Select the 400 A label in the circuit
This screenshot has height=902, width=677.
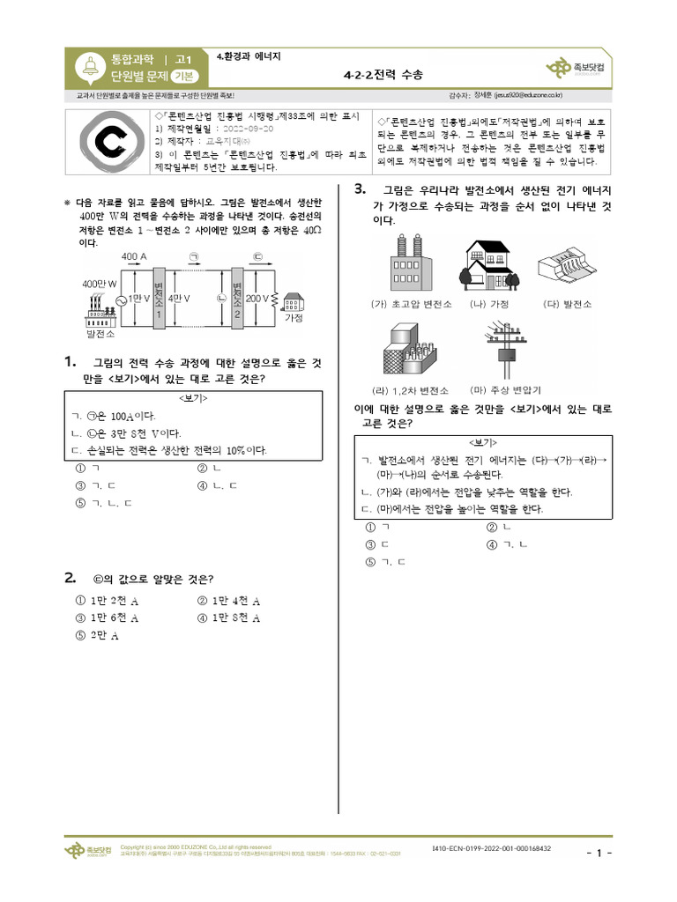(x=135, y=255)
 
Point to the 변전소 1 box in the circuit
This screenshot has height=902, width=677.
(x=158, y=299)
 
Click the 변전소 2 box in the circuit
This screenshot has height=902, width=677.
(x=235, y=299)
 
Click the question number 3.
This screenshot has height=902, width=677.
(x=360, y=189)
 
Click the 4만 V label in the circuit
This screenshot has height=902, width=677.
(x=180, y=299)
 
